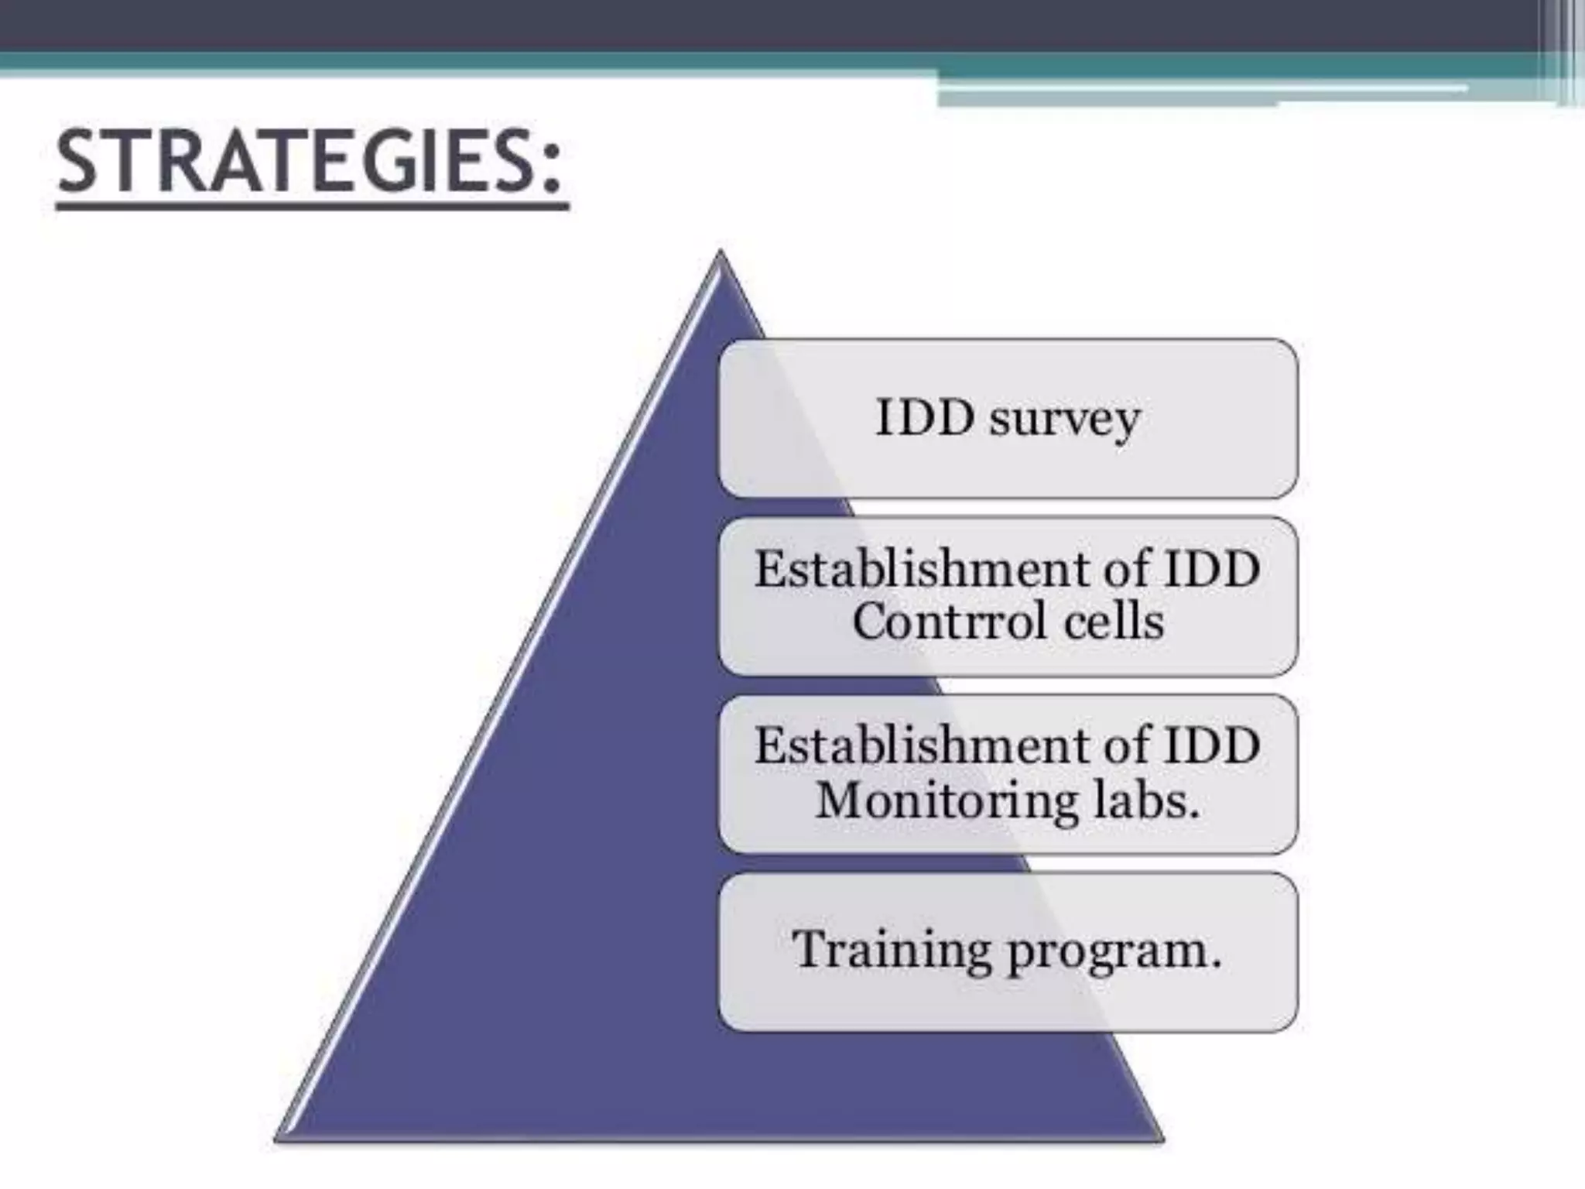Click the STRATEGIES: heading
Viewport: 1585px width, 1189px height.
click(310, 163)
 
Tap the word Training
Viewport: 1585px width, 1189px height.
click(891, 950)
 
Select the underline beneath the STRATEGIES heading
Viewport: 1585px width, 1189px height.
click(313, 207)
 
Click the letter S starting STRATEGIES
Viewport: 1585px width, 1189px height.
click(80, 163)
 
